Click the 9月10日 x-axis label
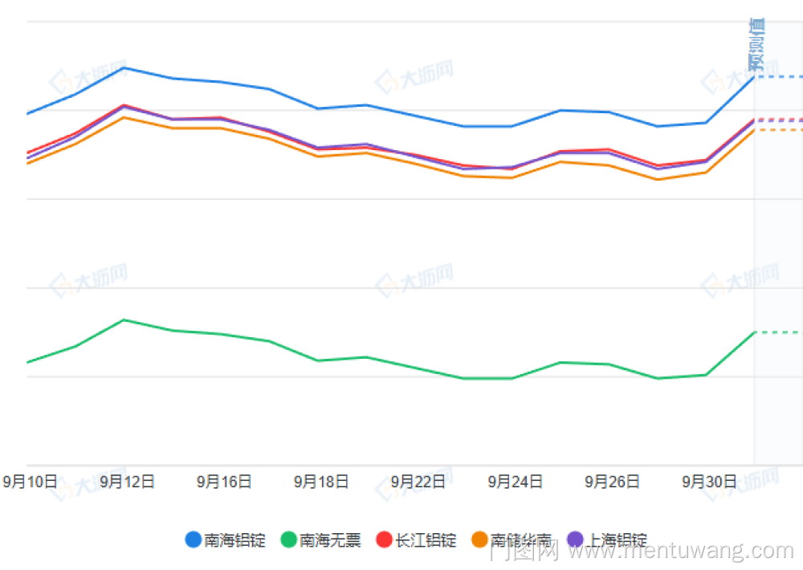click(31, 482)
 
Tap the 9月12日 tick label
click(127, 482)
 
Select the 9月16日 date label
click(224, 482)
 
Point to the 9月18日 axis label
click(321, 482)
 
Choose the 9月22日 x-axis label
click(418, 482)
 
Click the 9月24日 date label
click(515, 482)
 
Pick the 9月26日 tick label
click(612, 482)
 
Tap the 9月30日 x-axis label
click(709, 482)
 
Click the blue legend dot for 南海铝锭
click(194, 539)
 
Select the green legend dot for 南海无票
click(289, 539)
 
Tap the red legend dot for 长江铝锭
click(384, 539)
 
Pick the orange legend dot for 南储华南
click(480, 539)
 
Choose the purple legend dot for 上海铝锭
click(576, 539)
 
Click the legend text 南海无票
click(330, 540)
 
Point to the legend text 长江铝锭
click(426, 540)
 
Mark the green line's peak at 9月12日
click(123, 320)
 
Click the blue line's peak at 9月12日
click(123, 67)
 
